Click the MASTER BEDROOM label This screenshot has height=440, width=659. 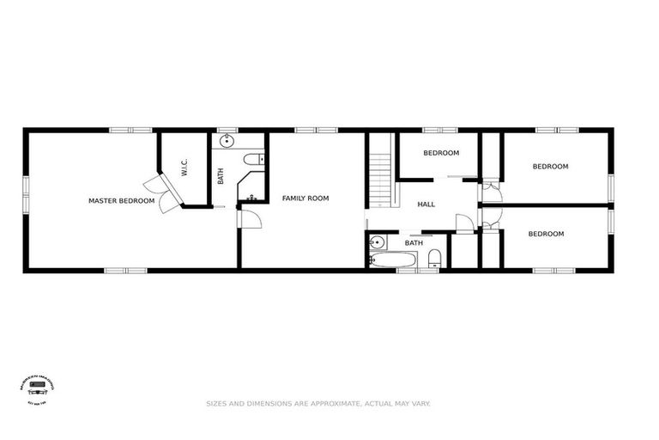[x=121, y=201]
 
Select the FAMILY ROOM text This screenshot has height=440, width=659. [x=305, y=199]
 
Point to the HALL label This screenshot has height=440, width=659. [x=426, y=205]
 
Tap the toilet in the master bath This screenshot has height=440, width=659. [x=253, y=159]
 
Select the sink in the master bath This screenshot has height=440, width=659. [x=228, y=141]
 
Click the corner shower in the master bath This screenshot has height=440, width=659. [x=251, y=190]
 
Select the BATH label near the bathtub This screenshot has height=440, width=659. [x=414, y=243]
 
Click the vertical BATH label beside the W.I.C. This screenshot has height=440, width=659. [x=221, y=175]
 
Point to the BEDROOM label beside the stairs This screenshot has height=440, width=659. [x=441, y=153]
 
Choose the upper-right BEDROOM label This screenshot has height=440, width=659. [x=550, y=167]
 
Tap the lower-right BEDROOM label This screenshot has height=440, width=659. [x=546, y=234]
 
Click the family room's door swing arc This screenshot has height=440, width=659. [x=250, y=218]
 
